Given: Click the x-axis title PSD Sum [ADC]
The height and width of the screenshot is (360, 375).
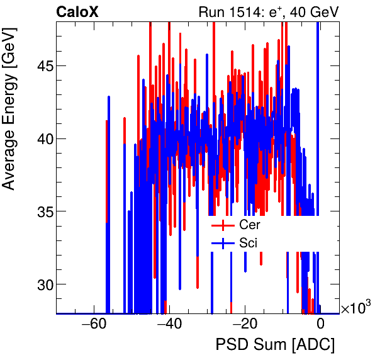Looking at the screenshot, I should pyautogui.click(x=274, y=346).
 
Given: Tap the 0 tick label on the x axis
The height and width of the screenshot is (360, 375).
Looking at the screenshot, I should pyautogui.click(x=320, y=325).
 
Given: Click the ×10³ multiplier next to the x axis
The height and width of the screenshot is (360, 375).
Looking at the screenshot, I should pyautogui.click(x=355, y=308).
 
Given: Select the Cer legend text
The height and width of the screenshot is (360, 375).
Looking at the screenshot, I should pyautogui.click(x=249, y=225).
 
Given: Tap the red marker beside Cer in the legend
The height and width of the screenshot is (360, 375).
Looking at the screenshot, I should pyautogui.click(x=223, y=225).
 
